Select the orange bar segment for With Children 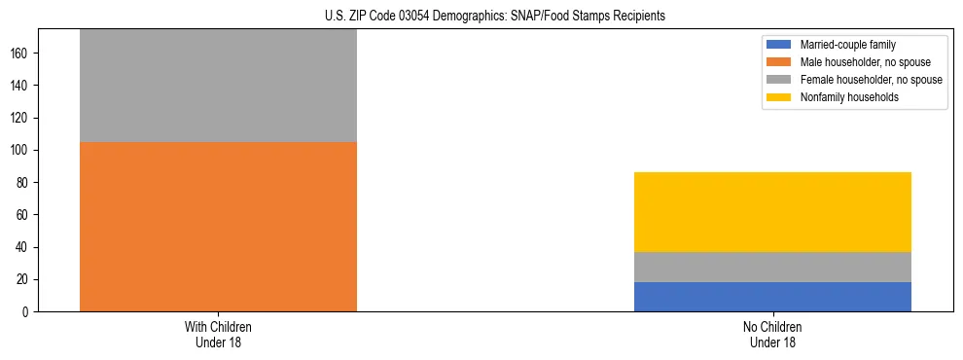click(x=218, y=227)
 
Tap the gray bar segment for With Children click(x=218, y=86)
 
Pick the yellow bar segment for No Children click(x=772, y=212)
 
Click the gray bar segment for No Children click(x=772, y=267)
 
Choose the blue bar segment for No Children click(x=772, y=297)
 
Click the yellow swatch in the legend click(x=779, y=97)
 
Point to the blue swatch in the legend click(x=779, y=45)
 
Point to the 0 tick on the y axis click(x=28, y=312)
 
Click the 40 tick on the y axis click(x=25, y=247)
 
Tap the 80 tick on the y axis click(x=25, y=183)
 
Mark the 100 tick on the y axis click(x=22, y=151)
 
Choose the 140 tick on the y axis click(x=22, y=86)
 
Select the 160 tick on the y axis click(x=22, y=54)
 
